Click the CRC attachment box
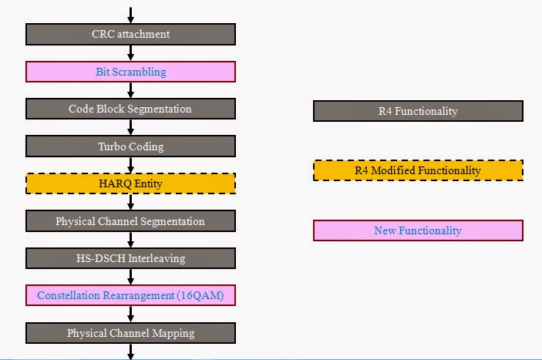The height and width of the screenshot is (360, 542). point(130,34)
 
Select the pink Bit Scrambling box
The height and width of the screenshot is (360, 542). point(130,72)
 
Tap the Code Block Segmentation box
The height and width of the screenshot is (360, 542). point(130,109)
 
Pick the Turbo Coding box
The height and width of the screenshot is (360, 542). point(130,146)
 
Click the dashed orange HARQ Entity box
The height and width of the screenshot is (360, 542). point(130,183)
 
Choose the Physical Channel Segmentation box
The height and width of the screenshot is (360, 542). point(130,221)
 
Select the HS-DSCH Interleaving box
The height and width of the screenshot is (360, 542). point(130,258)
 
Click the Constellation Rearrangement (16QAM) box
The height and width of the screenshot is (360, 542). point(130,295)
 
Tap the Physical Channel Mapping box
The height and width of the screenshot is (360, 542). point(130,333)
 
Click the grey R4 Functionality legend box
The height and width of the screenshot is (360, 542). point(418,111)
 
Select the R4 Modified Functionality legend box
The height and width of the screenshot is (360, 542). point(418,170)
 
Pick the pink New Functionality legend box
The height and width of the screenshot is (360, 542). point(418,230)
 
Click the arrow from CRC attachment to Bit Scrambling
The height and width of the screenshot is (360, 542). point(130,53)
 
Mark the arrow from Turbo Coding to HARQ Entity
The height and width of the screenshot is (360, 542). point(130,165)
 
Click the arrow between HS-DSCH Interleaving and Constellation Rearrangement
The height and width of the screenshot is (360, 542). point(130,277)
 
